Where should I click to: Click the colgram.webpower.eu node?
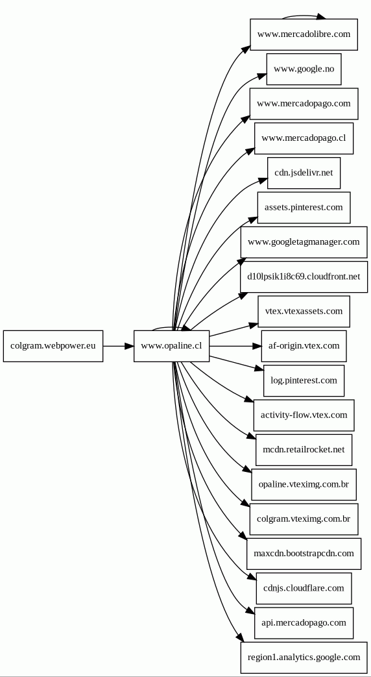[53, 346]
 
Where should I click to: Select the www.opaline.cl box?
[171, 346]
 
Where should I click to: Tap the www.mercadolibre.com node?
[304, 34]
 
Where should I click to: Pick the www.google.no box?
[304, 69]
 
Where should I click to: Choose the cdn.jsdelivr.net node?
[304, 173]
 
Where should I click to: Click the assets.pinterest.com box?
[304, 208]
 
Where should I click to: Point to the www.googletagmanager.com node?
[304, 242]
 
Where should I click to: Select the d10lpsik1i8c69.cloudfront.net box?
[304, 277]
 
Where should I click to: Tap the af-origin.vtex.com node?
[304, 346]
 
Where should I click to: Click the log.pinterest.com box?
[304, 380]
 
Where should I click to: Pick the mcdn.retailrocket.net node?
[304, 450]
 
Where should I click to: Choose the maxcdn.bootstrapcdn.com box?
[304, 554]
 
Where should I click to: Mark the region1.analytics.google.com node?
[304, 658]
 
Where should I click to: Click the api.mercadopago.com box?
[304, 623]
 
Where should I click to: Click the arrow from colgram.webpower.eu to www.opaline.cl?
[118, 346]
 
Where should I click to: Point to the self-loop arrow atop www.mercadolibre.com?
[304, 16]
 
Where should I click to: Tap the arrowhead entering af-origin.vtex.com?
[256, 346]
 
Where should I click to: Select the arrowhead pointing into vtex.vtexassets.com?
[253, 325]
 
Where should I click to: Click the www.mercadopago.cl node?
[304, 138]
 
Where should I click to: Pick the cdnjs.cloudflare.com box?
[304, 588]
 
